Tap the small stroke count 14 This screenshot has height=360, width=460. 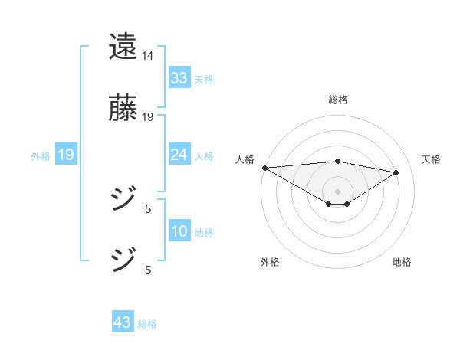[x=148, y=56]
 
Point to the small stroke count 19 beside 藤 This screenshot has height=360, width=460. [x=148, y=117]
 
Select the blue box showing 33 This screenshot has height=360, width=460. [x=179, y=78]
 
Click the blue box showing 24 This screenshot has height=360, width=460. [x=179, y=155]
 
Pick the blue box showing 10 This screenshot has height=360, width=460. [x=179, y=232]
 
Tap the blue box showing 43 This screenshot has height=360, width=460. [x=123, y=323]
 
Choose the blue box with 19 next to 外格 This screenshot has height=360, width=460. [x=65, y=155]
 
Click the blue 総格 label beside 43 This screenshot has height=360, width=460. [x=147, y=324]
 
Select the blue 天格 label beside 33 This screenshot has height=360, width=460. [x=204, y=79]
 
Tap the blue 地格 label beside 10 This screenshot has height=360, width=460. [x=204, y=233]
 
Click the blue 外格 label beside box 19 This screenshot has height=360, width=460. [x=41, y=156]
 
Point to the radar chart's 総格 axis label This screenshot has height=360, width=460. [x=338, y=100]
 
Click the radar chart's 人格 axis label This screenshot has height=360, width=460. [x=245, y=159]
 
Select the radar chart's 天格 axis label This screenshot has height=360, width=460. [x=431, y=159]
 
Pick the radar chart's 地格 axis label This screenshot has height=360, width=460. [x=402, y=262]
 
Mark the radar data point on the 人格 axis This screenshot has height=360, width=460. [x=264, y=168]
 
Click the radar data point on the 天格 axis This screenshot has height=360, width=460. [x=396, y=172]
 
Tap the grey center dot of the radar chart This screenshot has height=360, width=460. [x=338, y=191]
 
